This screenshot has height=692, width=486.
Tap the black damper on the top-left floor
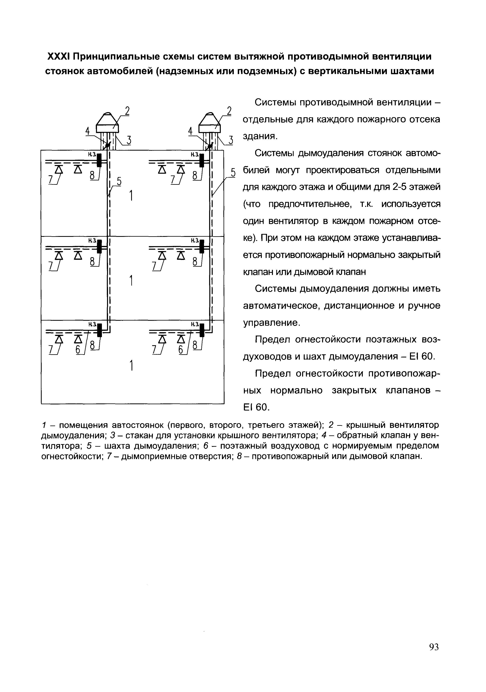[99, 160]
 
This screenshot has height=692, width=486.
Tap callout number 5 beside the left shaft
[119, 182]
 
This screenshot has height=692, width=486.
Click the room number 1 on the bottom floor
[131, 366]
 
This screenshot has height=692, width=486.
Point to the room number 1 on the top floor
[131, 196]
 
